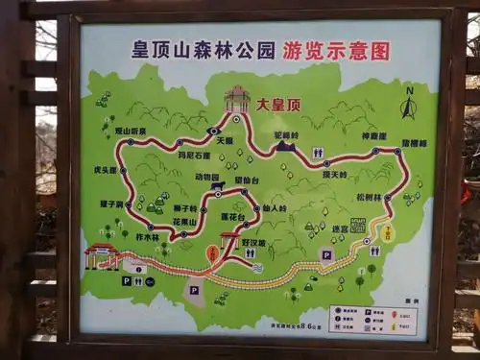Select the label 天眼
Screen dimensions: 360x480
224,140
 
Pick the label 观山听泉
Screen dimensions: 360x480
131,132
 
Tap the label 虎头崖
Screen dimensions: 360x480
106,170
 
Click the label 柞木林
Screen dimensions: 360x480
147,236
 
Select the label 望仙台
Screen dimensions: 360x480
248,180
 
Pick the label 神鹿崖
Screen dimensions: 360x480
374,136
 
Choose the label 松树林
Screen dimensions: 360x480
369,197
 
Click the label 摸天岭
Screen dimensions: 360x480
333,174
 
